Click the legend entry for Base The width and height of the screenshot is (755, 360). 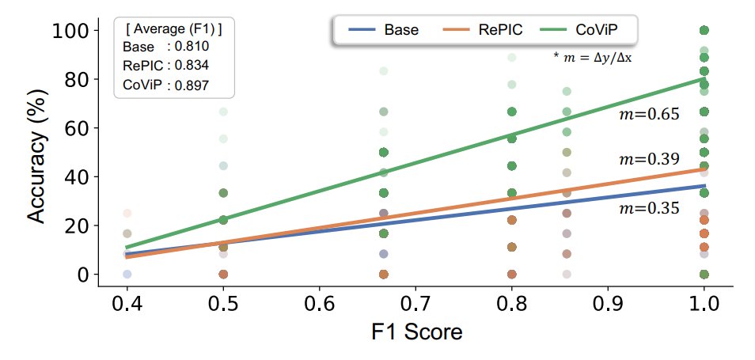383,31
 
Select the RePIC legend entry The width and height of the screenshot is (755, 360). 484,31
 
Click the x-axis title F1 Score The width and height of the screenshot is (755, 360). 416,331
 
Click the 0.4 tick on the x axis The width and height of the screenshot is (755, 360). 127,304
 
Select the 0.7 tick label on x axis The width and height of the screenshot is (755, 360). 415,304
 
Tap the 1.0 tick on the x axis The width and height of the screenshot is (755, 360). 704,304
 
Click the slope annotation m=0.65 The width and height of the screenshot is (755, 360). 649,115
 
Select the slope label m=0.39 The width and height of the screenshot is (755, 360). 649,160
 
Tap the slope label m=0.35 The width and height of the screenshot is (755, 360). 649,209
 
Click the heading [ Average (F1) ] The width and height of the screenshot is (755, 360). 173,29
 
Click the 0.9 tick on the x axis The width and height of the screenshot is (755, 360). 607,304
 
